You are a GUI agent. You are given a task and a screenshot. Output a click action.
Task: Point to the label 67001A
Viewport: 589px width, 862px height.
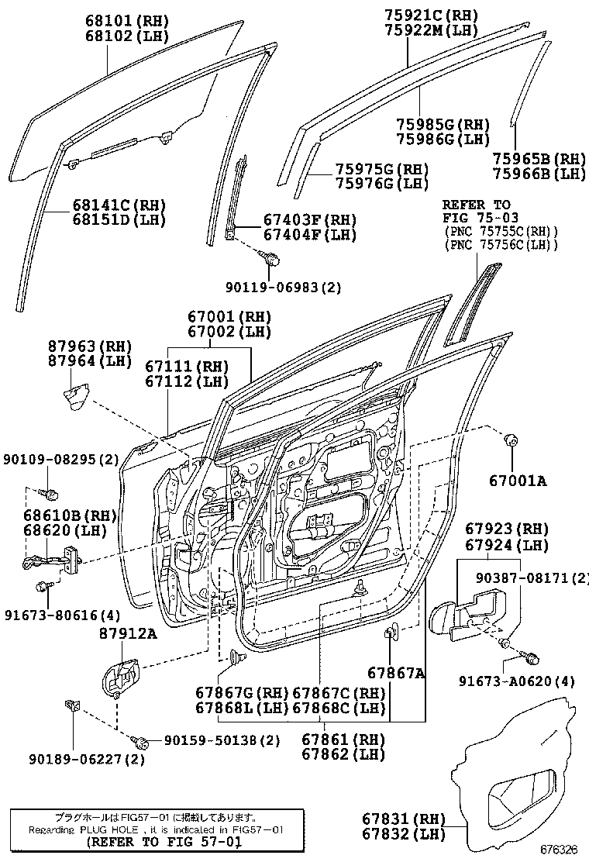(x=517, y=481)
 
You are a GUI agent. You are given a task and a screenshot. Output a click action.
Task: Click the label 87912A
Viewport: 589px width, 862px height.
(x=127, y=634)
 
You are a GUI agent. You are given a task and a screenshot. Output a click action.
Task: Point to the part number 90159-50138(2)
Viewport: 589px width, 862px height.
(x=222, y=740)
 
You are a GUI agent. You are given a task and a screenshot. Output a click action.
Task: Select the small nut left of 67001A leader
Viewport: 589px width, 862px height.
(x=511, y=441)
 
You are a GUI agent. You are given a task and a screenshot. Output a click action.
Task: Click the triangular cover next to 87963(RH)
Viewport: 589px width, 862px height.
(x=75, y=398)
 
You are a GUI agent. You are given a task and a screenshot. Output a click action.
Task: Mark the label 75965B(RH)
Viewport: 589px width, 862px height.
(x=539, y=159)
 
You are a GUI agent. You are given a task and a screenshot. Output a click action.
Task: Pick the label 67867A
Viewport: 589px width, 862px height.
(x=396, y=674)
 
